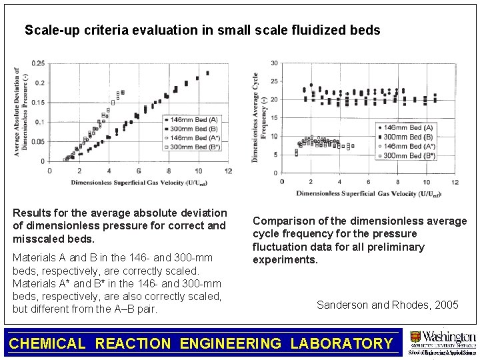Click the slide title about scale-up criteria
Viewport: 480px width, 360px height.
pos(203,30)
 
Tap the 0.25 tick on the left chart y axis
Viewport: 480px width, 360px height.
pos(39,63)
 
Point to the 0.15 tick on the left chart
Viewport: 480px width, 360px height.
pos(39,103)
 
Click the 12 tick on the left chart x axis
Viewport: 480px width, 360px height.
pos(228,171)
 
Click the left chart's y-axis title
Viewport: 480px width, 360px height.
pos(21,112)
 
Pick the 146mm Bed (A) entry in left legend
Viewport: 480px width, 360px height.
pos(193,119)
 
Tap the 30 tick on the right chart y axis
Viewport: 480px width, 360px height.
pos(275,63)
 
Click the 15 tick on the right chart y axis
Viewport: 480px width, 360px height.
pos(275,118)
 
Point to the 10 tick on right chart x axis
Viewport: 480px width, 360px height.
pos(426,181)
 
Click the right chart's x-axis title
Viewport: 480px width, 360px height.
pos(369,194)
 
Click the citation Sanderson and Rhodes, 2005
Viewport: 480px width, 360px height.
pos(387,305)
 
